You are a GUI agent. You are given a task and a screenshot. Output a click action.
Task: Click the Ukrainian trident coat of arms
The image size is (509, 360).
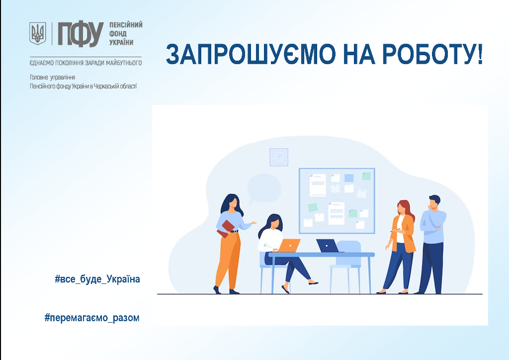pyautogui.click(x=38, y=33)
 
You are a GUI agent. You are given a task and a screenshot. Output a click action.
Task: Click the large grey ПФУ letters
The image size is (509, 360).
pyautogui.click(x=81, y=34)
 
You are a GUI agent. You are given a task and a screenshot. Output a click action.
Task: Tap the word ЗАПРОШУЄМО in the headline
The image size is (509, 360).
pyautogui.click(x=251, y=54)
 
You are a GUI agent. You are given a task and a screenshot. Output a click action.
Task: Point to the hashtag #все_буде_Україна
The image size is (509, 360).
pyautogui.click(x=97, y=279)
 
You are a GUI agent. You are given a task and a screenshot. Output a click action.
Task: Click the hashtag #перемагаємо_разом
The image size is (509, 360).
pyautogui.click(x=92, y=317)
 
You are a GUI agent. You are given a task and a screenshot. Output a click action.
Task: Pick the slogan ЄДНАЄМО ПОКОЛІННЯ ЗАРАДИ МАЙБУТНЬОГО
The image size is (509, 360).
pyautogui.click(x=85, y=63)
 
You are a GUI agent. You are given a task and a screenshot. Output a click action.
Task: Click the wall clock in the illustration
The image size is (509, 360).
pyautogui.click(x=279, y=157)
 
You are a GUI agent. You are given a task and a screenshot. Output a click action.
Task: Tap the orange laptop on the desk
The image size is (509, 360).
pyautogui.click(x=289, y=246)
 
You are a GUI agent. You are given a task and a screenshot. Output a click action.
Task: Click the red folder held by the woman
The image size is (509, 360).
pyautogui.click(x=226, y=229)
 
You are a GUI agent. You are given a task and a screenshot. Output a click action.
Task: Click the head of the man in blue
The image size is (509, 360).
pyautogui.click(x=434, y=202)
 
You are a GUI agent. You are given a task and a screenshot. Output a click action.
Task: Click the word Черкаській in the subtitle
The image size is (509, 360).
pyautogui.click(x=105, y=86)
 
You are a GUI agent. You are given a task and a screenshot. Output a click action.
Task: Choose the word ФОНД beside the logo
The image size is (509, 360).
pyautogui.click(x=118, y=34)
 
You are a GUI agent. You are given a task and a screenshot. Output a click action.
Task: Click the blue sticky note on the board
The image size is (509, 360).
pyautogui.click(x=349, y=178)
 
